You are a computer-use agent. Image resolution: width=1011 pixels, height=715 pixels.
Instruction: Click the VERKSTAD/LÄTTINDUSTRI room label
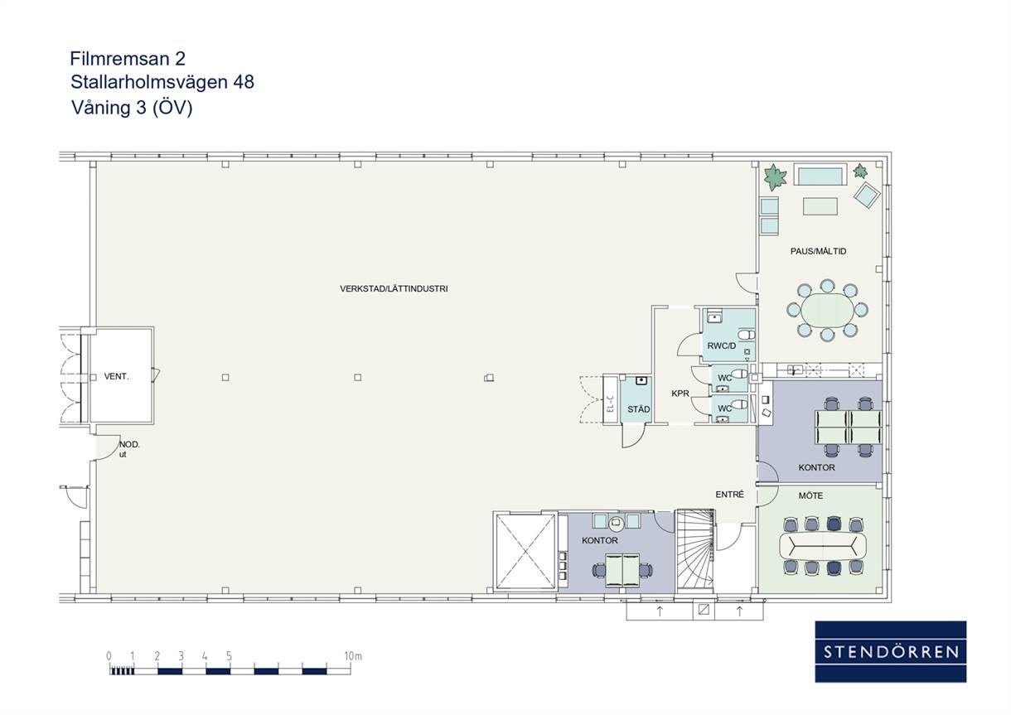tap(394, 288)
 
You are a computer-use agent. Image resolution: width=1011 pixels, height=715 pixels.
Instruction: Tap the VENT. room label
tap(116, 376)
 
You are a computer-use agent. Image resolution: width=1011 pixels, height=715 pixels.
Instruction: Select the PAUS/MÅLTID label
tap(818, 251)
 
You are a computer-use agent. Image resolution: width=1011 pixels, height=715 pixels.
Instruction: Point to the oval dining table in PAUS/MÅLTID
tap(827, 311)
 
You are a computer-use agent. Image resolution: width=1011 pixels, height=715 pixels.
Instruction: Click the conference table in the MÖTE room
tap(823, 546)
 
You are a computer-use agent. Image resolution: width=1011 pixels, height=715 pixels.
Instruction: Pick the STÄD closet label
tap(638, 409)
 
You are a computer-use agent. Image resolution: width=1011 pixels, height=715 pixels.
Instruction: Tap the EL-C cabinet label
tap(610, 404)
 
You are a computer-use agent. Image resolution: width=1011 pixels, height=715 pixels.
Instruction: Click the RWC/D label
tap(721, 346)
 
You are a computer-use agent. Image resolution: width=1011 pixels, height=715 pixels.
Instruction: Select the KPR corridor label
tap(680, 394)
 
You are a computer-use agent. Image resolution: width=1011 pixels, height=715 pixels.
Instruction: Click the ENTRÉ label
tap(729, 495)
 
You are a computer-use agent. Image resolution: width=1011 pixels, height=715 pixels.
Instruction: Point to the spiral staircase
tap(695, 550)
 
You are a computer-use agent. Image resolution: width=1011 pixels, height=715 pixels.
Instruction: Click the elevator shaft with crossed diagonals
tap(525, 551)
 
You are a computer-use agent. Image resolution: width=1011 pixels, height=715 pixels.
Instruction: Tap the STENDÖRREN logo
tap(891, 652)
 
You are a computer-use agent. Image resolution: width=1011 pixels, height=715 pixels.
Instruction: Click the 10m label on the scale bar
tap(353, 656)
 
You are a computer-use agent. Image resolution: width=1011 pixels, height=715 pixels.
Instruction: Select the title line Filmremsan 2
tap(128, 59)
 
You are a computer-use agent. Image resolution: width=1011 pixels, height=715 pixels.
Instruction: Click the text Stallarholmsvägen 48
tap(162, 82)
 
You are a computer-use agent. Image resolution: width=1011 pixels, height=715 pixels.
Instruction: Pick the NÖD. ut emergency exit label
tap(129, 449)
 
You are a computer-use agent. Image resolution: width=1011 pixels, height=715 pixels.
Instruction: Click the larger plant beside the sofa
tap(775, 177)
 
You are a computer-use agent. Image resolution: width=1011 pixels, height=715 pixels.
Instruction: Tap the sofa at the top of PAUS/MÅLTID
tap(820, 175)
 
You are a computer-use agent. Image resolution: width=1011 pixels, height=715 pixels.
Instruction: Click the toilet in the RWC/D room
tap(747, 336)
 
